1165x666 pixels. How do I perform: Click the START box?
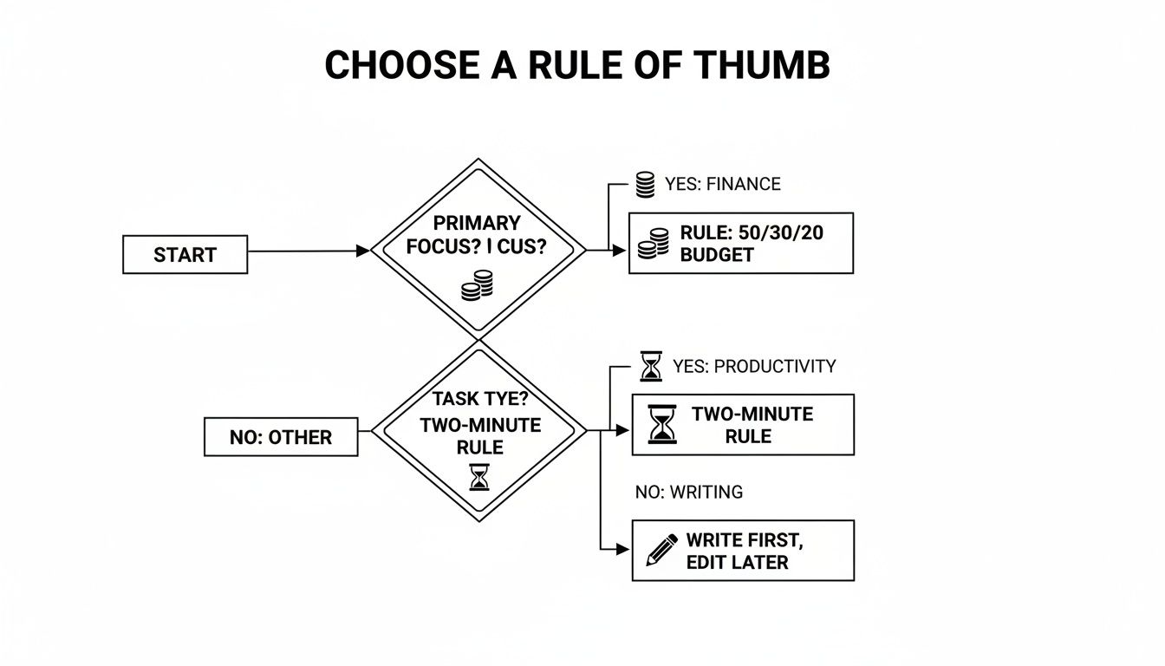[x=185, y=255]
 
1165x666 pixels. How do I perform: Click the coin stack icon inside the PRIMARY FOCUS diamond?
[x=477, y=285]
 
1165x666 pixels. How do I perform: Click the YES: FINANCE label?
[x=722, y=184]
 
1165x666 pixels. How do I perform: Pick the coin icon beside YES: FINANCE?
[x=645, y=185]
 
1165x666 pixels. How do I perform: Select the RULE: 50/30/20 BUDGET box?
[x=740, y=244]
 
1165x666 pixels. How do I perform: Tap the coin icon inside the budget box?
[x=654, y=244]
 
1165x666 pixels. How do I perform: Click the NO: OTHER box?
[x=280, y=437]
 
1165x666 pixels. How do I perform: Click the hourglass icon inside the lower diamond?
[x=479, y=476]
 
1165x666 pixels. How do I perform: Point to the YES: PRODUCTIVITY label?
[x=754, y=366]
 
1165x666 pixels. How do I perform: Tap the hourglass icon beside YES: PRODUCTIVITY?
[x=650, y=366]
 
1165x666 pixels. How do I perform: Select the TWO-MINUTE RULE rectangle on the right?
[x=742, y=425]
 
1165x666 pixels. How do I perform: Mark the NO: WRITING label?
[x=688, y=493]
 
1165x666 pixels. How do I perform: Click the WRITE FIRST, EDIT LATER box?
[x=742, y=551]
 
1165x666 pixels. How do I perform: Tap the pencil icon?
[x=662, y=551]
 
